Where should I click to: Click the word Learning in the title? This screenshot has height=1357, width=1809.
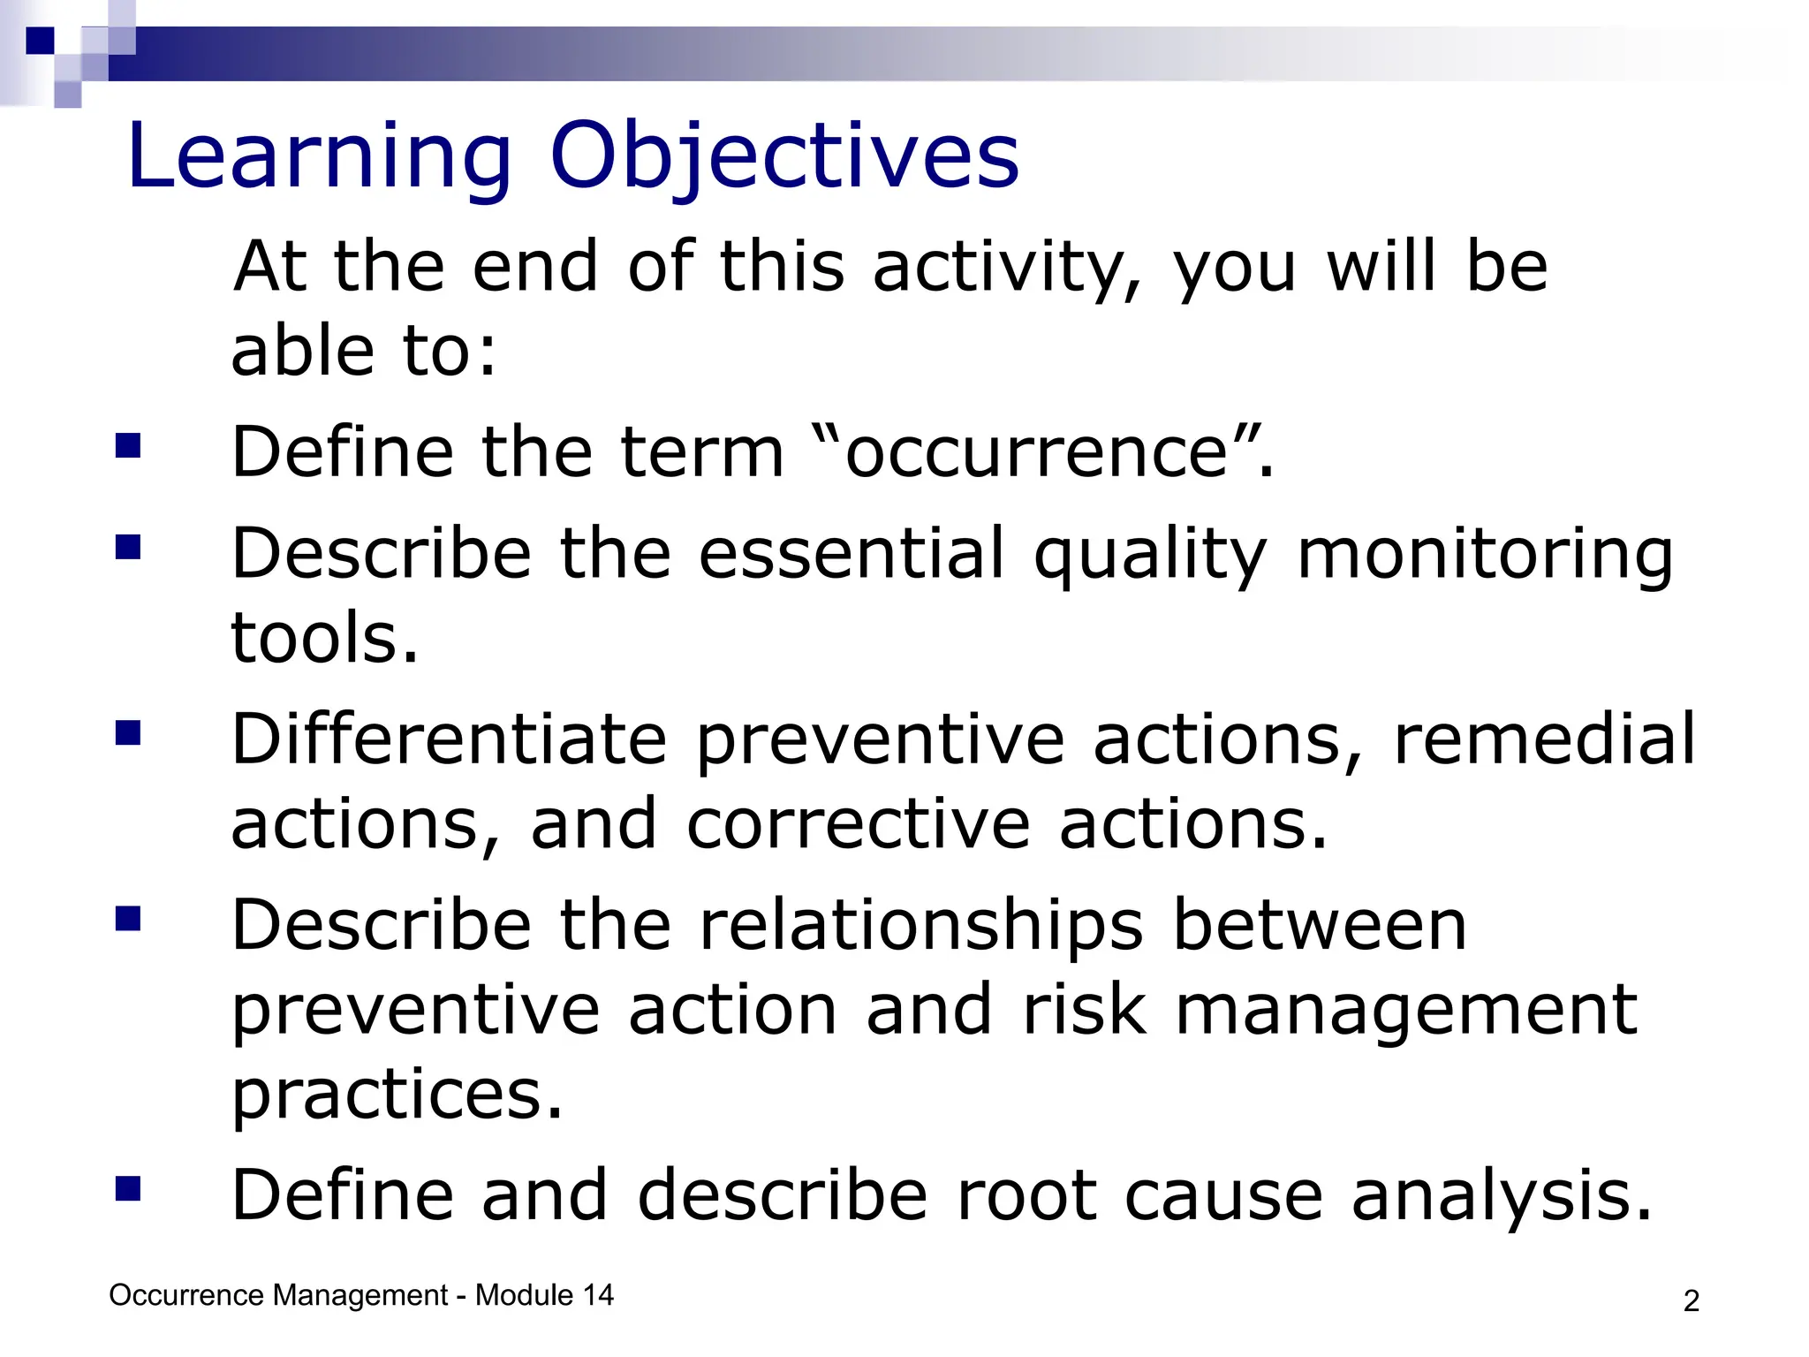[x=319, y=156]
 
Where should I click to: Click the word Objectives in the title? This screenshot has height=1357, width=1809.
[x=784, y=156]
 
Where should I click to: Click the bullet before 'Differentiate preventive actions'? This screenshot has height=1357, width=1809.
[x=128, y=733]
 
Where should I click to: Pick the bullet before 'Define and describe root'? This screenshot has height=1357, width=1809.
[x=128, y=1189]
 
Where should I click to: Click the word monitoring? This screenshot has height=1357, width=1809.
[x=1485, y=555]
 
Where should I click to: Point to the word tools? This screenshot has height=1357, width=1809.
[x=323, y=638]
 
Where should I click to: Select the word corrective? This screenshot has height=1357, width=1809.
[x=858, y=823]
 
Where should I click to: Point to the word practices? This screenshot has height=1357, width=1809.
[x=396, y=1095]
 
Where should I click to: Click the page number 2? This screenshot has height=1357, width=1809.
[x=1691, y=1301]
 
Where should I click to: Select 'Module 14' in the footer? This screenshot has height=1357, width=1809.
[x=544, y=1295]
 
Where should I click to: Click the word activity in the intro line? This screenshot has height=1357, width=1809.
[x=1006, y=267]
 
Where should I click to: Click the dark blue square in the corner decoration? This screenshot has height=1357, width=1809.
[x=40, y=41]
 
